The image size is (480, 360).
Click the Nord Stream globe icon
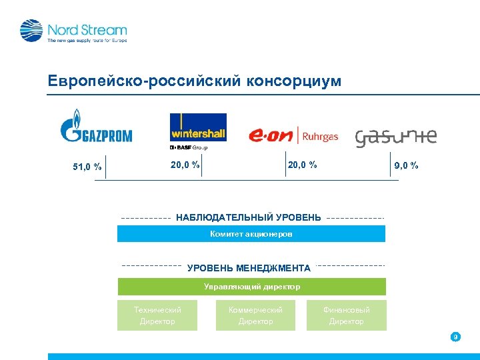[x=31, y=31]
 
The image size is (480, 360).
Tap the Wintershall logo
[x=198, y=127]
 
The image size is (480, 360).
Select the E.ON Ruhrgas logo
[x=293, y=135]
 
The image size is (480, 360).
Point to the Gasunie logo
[x=396, y=137]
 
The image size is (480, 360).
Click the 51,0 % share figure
[x=87, y=167]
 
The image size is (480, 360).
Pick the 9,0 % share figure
[x=407, y=165]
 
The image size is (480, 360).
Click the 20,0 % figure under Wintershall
[x=185, y=165]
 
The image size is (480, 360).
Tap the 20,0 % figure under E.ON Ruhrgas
[x=302, y=165]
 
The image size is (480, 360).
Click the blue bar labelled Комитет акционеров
[x=251, y=234]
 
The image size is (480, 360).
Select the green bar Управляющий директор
[x=251, y=287]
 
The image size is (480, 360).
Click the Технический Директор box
[x=157, y=315]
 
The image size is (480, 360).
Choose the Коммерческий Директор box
[x=255, y=315]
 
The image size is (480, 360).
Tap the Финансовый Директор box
[x=346, y=315]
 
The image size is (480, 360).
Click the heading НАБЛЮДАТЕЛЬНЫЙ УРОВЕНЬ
[x=248, y=218]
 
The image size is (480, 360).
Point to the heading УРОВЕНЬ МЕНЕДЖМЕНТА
[x=249, y=268]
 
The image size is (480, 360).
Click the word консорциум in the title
[x=293, y=81]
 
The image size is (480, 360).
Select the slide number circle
[x=455, y=337]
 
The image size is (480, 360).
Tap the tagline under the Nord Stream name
[x=87, y=41]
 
